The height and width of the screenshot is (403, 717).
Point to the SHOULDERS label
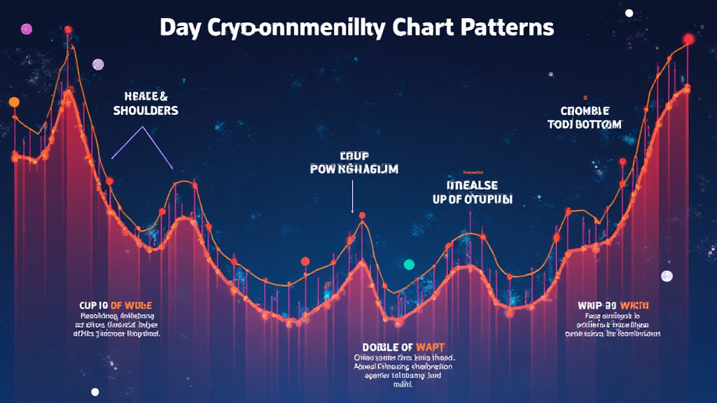[146, 111]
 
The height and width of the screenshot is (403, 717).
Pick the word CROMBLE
[585, 111]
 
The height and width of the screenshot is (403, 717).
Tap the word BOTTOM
[597, 125]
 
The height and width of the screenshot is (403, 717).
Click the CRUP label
[354, 155]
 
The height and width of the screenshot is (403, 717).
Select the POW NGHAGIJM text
[354, 169]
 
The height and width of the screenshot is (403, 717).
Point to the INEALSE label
[472, 185]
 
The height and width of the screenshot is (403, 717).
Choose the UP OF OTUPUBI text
[472, 199]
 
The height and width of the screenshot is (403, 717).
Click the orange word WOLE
[136, 306]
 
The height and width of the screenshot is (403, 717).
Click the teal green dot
[409, 264]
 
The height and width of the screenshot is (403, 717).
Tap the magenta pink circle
[27, 29]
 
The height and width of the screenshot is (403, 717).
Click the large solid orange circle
[14, 102]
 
